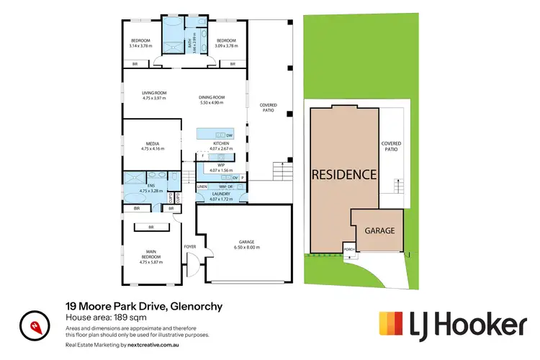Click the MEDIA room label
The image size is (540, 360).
tap(153, 143)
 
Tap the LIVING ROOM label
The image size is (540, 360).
tap(153, 93)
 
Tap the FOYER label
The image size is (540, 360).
tap(190, 246)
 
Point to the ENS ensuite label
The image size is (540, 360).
tap(152, 186)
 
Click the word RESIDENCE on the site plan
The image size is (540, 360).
tap(343, 174)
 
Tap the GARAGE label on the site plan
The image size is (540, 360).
tap(379, 231)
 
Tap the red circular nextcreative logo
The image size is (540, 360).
tap(33, 325)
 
